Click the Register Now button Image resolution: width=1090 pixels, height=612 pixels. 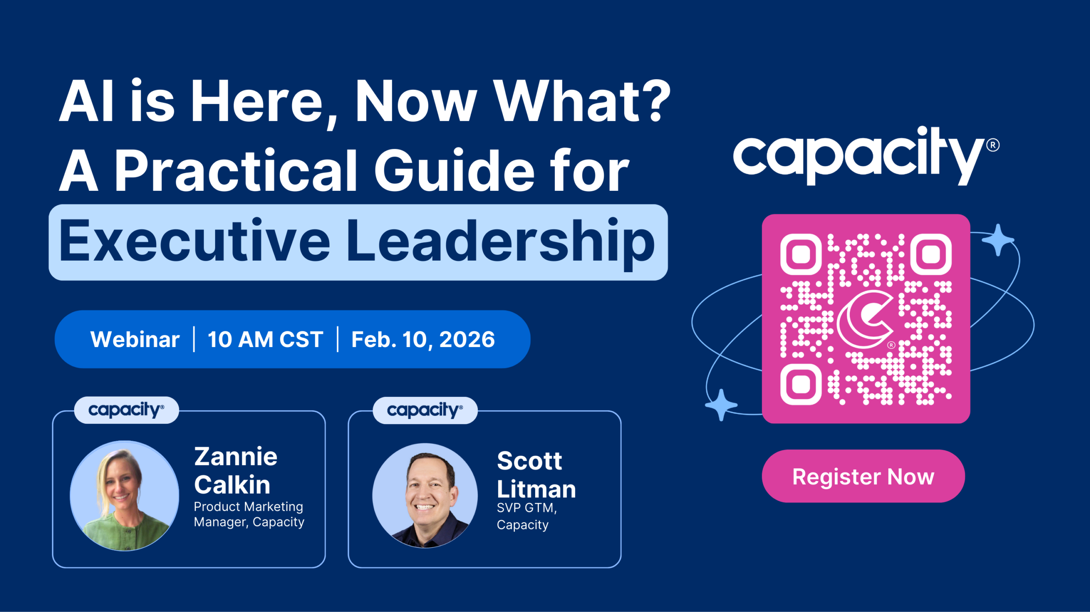click(x=863, y=476)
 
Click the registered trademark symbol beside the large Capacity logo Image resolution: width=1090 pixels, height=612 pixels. click(x=993, y=145)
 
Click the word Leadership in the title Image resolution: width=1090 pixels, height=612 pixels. click(x=501, y=241)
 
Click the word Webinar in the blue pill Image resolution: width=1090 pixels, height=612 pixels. click(x=135, y=339)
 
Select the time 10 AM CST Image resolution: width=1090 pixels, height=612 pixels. click(x=265, y=339)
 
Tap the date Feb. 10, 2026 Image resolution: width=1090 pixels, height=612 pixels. click(x=423, y=339)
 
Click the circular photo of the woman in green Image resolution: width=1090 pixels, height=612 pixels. click(x=124, y=496)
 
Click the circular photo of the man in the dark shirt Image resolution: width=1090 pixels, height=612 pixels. click(x=425, y=496)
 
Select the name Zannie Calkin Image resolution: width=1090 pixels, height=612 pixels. click(x=235, y=470)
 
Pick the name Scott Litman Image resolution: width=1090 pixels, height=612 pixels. click(x=536, y=474)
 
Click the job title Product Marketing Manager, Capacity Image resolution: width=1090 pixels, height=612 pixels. click(x=249, y=514)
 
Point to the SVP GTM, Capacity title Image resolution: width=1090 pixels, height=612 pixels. click(x=527, y=516)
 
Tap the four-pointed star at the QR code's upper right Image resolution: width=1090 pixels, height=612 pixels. click(x=998, y=240)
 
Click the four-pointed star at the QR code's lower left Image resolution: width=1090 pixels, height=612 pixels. click(x=721, y=405)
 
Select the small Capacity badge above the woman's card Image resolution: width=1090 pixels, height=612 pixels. click(x=126, y=410)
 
